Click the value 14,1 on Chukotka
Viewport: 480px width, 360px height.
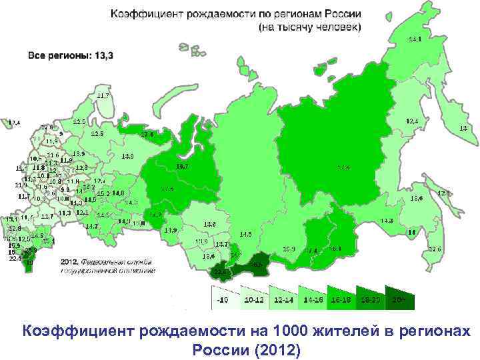tap(415, 39)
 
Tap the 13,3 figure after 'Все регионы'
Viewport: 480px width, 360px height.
tap(103, 56)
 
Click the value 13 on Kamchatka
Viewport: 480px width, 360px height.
tap(463, 129)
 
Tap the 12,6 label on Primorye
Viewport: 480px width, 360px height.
tap(435, 249)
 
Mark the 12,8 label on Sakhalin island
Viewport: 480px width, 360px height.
tap(443, 193)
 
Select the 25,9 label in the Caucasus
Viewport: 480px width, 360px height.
tap(31, 251)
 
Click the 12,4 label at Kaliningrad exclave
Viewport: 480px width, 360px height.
tap(13, 123)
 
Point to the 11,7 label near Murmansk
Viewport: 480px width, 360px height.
tap(103, 96)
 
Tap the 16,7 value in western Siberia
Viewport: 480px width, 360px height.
tap(181, 166)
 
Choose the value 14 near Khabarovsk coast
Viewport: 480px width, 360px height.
tap(411, 231)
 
